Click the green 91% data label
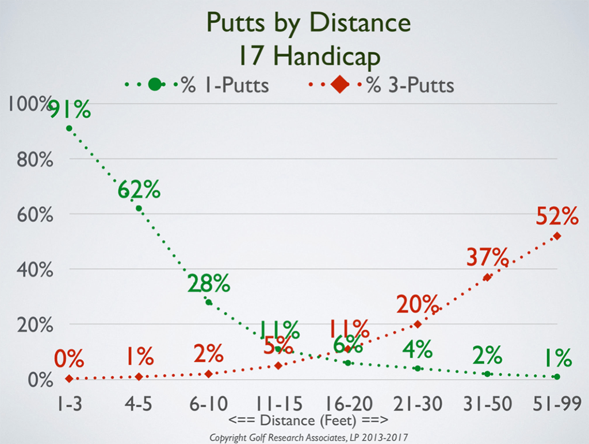(x=69, y=109)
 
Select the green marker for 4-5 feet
(x=139, y=208)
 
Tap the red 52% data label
(x=557, y=217)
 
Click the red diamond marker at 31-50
(x=487, y=277)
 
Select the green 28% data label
(x=208, y=283)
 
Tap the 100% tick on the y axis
(x=29, y=104)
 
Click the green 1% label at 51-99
(x=557, y=358)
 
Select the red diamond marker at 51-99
(x=557, y=236)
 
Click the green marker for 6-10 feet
(x=208, y=302)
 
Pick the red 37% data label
(x=487, y=258)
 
